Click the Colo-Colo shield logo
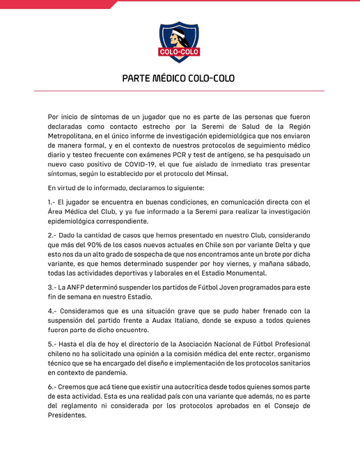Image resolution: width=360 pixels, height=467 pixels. [x=180, y=40]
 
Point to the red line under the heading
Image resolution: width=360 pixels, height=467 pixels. [x=180, y=90]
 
